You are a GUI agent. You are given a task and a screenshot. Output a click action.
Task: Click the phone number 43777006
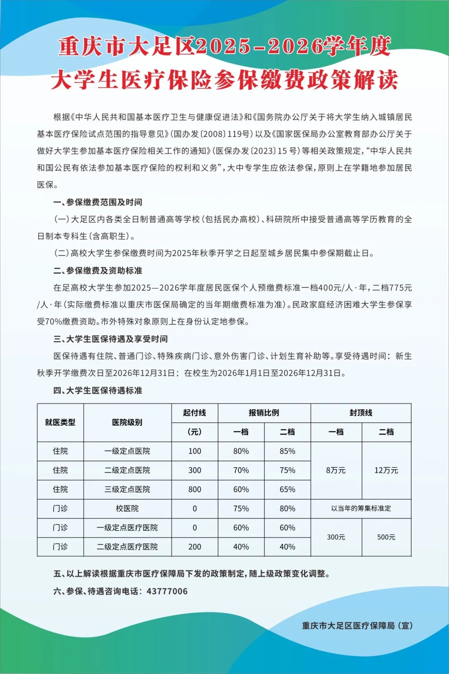(x=167, y=591)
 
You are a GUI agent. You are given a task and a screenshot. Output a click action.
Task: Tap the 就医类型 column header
(x=60, y=422)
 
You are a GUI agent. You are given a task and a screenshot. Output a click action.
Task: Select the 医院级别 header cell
(x=127, y=422)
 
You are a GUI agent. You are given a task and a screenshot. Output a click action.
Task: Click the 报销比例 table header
(x=264, y=413)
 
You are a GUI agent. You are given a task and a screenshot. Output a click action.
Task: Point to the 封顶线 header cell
(x=361, y=413)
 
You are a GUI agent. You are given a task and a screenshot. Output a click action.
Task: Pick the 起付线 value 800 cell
(x=195, y=489)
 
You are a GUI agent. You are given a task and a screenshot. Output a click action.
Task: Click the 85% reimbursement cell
(x=287, y=451)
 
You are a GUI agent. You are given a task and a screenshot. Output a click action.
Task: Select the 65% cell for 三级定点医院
(x=287, y=489)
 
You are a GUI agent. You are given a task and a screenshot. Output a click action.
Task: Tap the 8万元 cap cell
(x=336, y=470)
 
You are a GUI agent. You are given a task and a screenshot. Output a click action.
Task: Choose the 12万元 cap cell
(x=386, y=470)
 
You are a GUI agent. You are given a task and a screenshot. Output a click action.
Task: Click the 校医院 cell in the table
(x=127, y=508)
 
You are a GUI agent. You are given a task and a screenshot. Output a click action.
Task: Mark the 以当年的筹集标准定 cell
(x=361, y=508)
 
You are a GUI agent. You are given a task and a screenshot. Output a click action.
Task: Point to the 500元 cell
(x=386, y=537)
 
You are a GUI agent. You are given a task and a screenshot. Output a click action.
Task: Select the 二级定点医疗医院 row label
(x=127, y=547)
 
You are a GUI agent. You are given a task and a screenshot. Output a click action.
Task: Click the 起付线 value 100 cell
(x=195, y=451)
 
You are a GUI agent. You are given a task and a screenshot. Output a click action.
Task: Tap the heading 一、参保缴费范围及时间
(x=98, y=202)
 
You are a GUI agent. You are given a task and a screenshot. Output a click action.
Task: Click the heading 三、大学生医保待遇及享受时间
(x=111, y=339)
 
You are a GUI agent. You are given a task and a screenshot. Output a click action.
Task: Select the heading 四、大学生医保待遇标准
(x=98, y=391)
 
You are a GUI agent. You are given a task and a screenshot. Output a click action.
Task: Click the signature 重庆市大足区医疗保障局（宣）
(x=357, y=626)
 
